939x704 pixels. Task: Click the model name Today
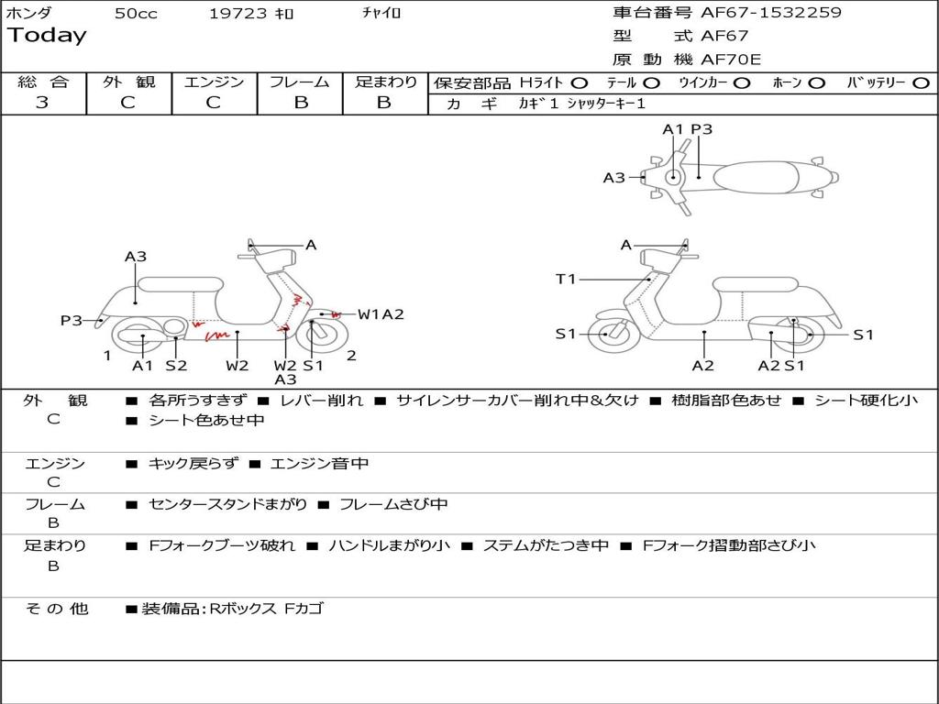pyautogui.click(x=47, y=36)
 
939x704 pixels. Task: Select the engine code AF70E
pyautogui.click(x=731, y=60)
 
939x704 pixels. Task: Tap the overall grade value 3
pyautogui.click(x=42, y=103)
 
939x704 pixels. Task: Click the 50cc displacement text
pyautogui.click(x=136, y=13)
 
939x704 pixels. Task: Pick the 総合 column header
pyautogui.click(x=43, y=82)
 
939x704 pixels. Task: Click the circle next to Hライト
pyautogui.click(x=579, y=83)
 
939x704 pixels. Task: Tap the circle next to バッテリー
pyautogui.click(x=921, y=83)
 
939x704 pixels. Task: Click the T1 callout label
pyautogui.click(x=565, y=279)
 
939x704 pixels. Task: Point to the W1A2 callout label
pyautogui.click(x=381, y=314)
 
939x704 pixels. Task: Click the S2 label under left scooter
pyautogui.click(x=176, y=365)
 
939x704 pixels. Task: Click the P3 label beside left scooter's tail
pyautogui.click(x=72, y=320)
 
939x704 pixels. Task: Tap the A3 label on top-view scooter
pyautogui.click(x=613, y=178)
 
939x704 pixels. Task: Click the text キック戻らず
pyautogui.click(x=193, y=463)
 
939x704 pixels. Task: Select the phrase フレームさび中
pyautogui.click(x=393, y=505)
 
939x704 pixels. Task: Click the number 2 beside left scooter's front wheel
pyautogui.click(x=351, y=356)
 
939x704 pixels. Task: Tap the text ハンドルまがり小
pyautogui.click(x=389, y=546)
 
